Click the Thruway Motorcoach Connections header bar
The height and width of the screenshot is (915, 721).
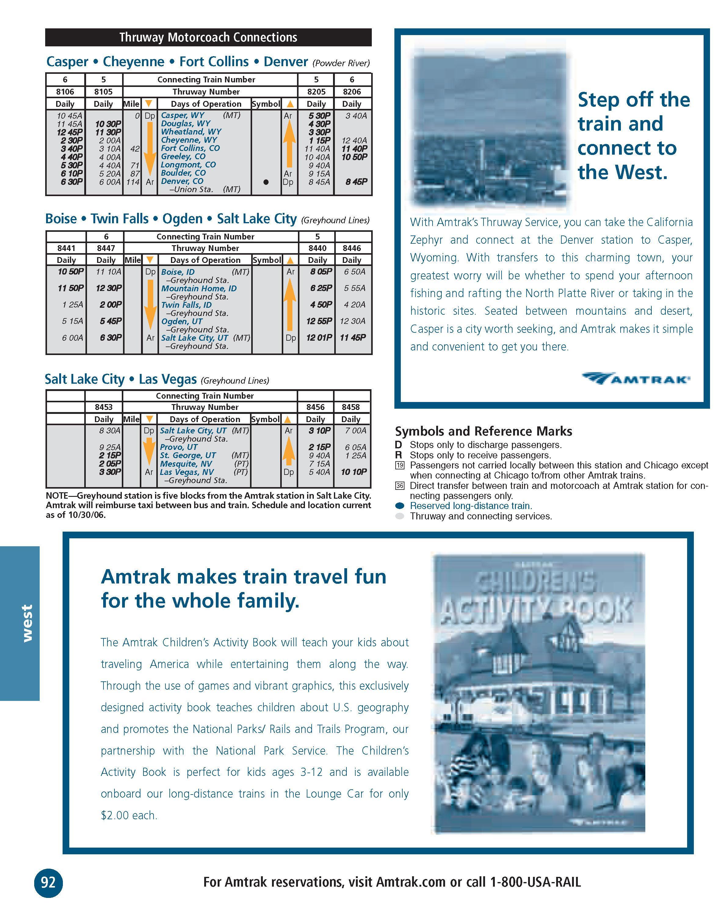pyautogui.click(x=208, y=37)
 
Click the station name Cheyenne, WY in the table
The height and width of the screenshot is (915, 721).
pyautogui.click(x=189, y=140)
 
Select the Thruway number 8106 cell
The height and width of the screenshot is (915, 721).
pyautogui.click(x=65, y=91)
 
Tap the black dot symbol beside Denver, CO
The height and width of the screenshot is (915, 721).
pyautogui.click(x=266, y=182)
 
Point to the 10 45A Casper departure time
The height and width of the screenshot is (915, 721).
pyautogui.click(x=70, y=116)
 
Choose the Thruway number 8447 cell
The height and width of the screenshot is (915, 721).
pyautogui.click(x=106, y=248)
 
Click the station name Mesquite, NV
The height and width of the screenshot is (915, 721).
pyautogui.click(x=186, y=464)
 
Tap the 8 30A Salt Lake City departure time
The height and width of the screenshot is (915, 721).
pyautogui.click(x=110, y=431)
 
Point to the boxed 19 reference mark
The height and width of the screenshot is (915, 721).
pyautogui.click(x=400, y=466)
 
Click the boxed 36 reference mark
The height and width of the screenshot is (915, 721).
pyautogui.click(x=400, y=486)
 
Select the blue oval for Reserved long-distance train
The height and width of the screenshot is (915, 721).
pyautogui.click(x=400, y=506)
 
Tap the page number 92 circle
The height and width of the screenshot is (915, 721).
pyautogui.click(x=48, y=882)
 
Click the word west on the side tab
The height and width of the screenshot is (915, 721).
pyautogui.click(x=27, y=623)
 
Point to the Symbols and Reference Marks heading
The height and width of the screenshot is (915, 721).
pyautogui.click(x=483, y=431)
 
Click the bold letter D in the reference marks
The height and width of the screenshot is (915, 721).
pyautogui.click(x=398, y=445)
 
